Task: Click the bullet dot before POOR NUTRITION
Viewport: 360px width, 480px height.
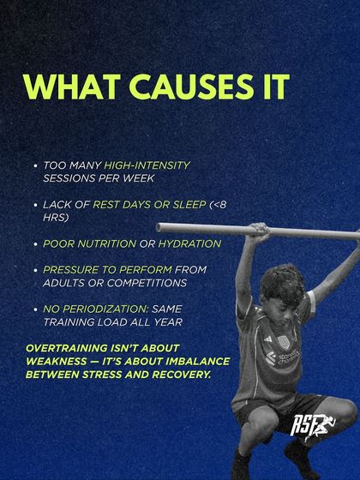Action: click(x=33, y=244)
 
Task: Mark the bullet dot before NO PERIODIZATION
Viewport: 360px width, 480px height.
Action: click(x=33, y=309)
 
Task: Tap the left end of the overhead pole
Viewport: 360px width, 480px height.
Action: click(x=160, y=228)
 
